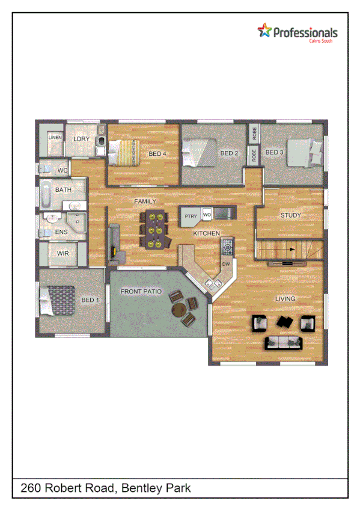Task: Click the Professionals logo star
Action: pos(264,30)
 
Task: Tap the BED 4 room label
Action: pos(157,154)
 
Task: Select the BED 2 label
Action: pos(230,153)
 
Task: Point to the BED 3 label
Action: pos(274,153)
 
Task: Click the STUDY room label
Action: pos(291,215)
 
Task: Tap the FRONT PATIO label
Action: pos(141,291)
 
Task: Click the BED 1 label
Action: pos(90,300)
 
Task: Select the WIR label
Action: pos(63,254)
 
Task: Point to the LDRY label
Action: pos(81,139)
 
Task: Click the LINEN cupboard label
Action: pos(55,138)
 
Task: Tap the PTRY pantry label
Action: pos(191,216)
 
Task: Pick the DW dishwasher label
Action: pos(226,264)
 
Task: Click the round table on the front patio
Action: pos(179,310)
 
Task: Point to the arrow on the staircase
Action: pos(291,249)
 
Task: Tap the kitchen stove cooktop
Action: pos(228,245)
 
